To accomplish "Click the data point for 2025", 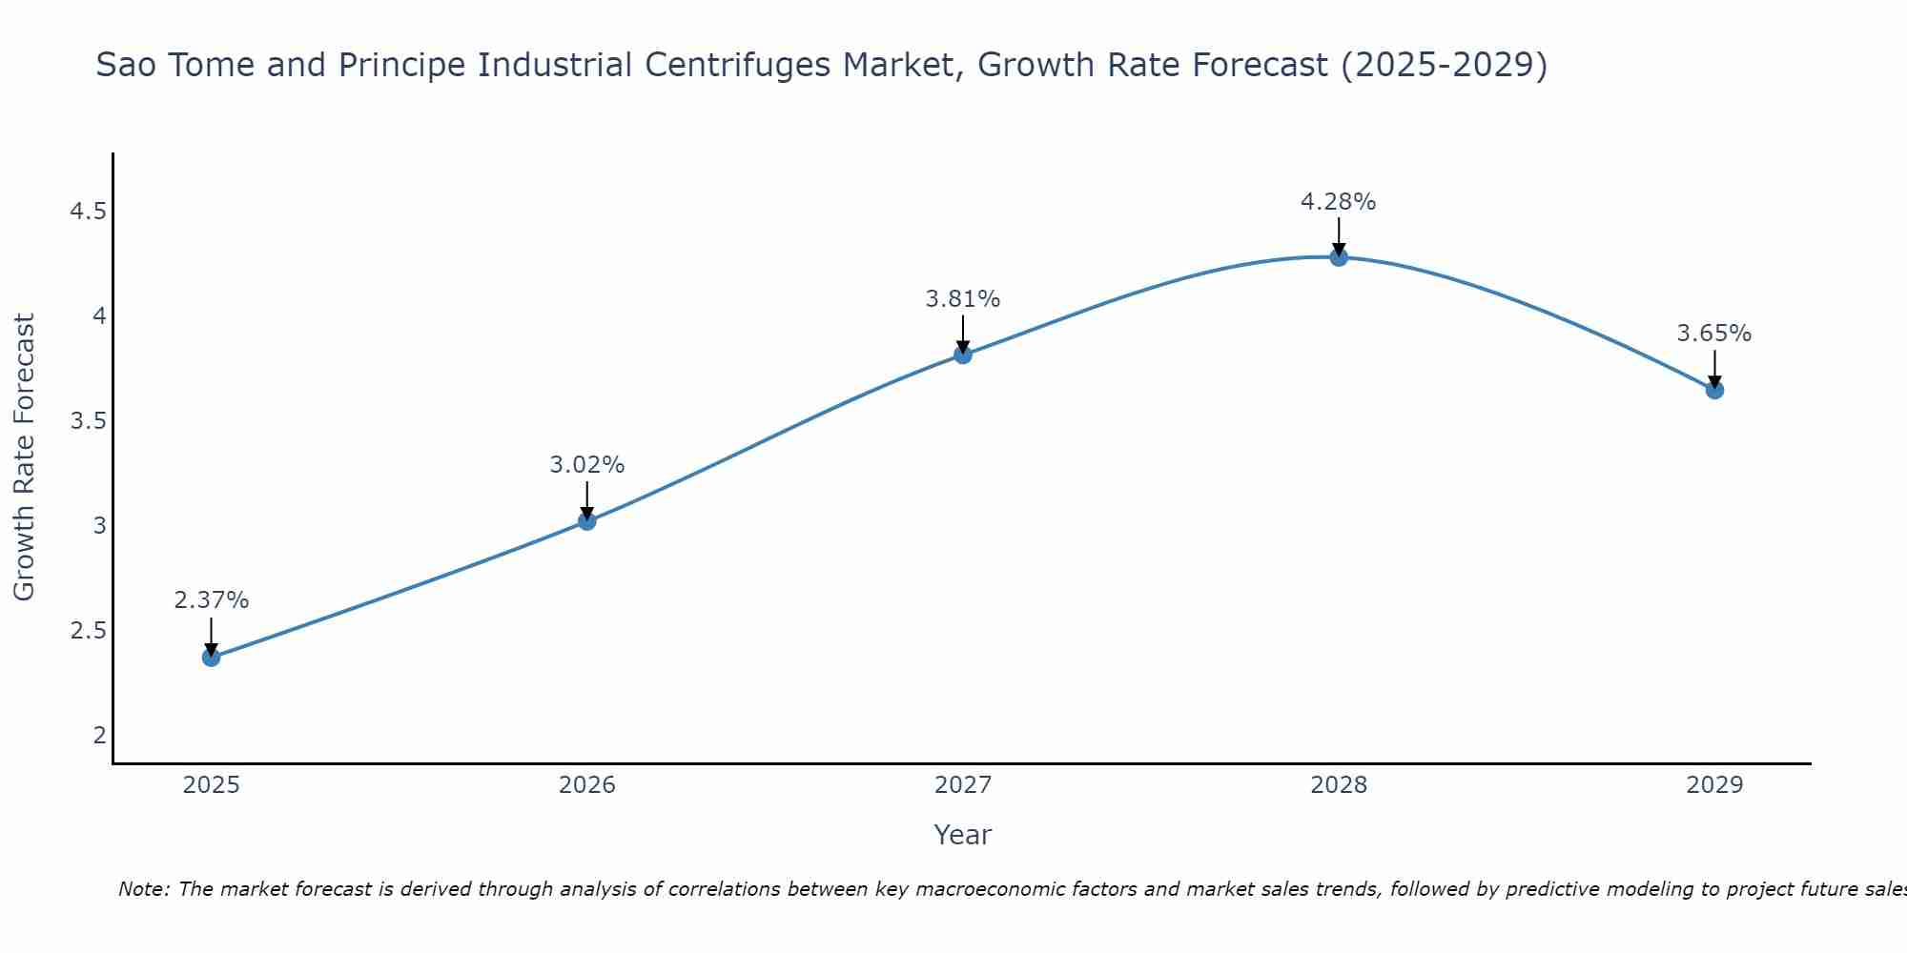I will click(211, 657).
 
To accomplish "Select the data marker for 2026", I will click(586, 520).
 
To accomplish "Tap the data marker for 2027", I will click(962, 355).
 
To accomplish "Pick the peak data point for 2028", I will click(1338, 256).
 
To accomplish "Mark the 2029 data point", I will click(1713, 389).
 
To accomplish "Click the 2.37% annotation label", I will click(211, 600).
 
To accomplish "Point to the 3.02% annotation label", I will click(586, 465).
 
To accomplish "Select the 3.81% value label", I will click(962, 299).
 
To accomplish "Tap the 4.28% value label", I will click(1338, 202).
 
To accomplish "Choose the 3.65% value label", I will click(1713, 334).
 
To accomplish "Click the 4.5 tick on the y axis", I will click(88, 211).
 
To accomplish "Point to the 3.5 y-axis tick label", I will click(88, 421).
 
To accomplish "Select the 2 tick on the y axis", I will click(99, 736).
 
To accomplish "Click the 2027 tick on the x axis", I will click(962, 785).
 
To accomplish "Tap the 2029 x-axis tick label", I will click(1713, 785).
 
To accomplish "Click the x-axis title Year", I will click(962, 835).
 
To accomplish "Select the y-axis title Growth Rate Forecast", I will click(25, 457).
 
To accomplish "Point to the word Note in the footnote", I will click(142, 889).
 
